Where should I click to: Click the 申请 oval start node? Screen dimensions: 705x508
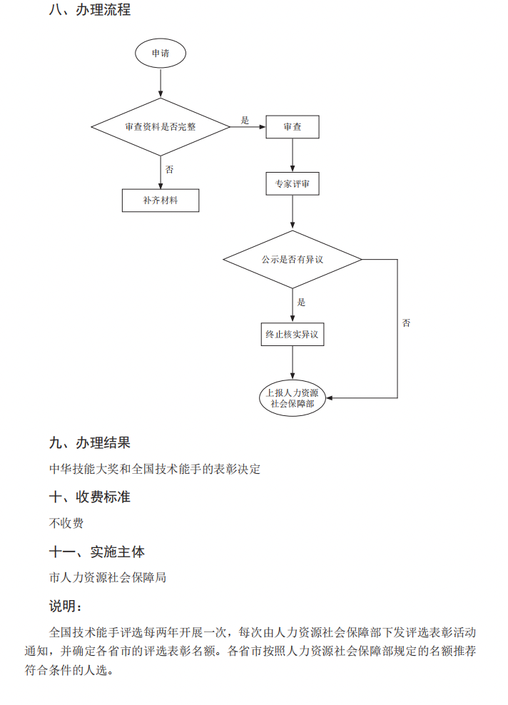(161, 54)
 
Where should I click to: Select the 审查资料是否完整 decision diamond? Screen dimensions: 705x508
(161, 127)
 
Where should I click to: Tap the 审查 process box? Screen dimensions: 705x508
(293, 127)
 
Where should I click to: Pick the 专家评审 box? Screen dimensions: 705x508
(293, 184)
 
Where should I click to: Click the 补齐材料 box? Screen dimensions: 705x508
(161, 201)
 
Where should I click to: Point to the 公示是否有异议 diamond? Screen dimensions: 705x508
(293, 259)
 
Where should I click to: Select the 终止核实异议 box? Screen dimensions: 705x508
(293, 334)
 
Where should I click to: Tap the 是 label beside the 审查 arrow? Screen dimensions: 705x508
(245, 120)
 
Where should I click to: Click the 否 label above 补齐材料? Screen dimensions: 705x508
(170, 170)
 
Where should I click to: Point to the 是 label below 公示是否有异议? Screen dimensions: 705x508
(301, 302)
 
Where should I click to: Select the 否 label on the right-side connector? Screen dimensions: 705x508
(406, 323)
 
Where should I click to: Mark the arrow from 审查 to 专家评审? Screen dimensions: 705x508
(293, 155)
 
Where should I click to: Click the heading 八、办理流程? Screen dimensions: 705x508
(90, 11)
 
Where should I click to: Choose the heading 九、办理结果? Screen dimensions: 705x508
(90, 443)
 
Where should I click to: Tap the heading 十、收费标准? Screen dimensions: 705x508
(90, 497)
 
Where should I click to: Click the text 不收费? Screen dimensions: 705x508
(66, 523)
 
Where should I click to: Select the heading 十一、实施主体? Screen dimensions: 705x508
(97, 552)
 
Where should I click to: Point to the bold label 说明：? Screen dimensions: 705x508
(66, 606)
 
